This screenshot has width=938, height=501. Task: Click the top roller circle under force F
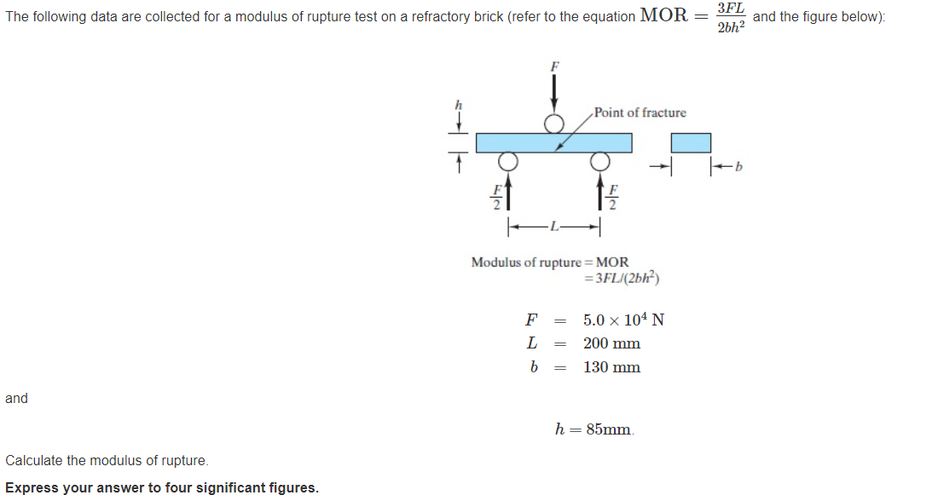point(555,124)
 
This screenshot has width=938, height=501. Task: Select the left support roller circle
point(507,161)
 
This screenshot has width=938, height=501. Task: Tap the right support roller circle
point(600,161)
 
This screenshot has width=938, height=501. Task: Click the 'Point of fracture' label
point(640,112)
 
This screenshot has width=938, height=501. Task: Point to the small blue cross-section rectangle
point(690,143)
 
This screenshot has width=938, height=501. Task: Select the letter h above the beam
point(458,104)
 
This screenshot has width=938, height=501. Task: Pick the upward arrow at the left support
point(507,193)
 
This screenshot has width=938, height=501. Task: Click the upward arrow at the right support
point(600,193)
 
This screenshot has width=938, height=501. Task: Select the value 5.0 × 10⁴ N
point(623,320)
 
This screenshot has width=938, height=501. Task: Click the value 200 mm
point(611,343)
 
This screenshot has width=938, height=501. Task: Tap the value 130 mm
point(611,367)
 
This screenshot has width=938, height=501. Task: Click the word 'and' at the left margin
point(16,398)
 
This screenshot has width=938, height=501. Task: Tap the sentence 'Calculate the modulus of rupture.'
point(107,460)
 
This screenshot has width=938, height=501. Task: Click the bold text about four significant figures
point(162,487)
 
